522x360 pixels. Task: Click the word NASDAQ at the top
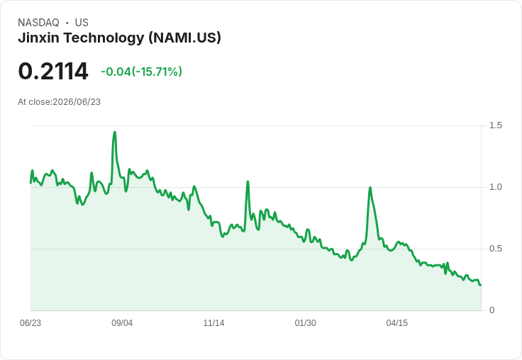tap(38, 23)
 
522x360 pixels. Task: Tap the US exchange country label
tap(82, 23)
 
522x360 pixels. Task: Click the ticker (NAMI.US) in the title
tap(185, 38)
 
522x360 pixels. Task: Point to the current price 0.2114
tap(53, 71)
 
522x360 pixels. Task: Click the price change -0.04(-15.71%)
tap(141, 72)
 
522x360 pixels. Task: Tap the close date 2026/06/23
tap(77, 102)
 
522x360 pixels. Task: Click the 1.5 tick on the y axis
tap(495, 125)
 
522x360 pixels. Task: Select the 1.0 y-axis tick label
tap(495, 187)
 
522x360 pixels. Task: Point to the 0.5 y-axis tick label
tap(495, 249)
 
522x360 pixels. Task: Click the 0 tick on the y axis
tap(492, 310)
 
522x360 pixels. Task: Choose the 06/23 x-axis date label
tap(30, 323)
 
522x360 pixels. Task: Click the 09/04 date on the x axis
tap(122, 323)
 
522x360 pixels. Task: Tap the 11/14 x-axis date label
tap(213, 323)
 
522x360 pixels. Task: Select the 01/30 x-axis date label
tap(305, 323)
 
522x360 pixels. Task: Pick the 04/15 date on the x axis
tap(397, 323)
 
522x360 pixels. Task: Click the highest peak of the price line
tap(115, 132)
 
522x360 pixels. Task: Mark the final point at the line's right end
tap(480, 285)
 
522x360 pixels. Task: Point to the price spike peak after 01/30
tap(370, 188)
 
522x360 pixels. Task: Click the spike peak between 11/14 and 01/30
tap(248, 181)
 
